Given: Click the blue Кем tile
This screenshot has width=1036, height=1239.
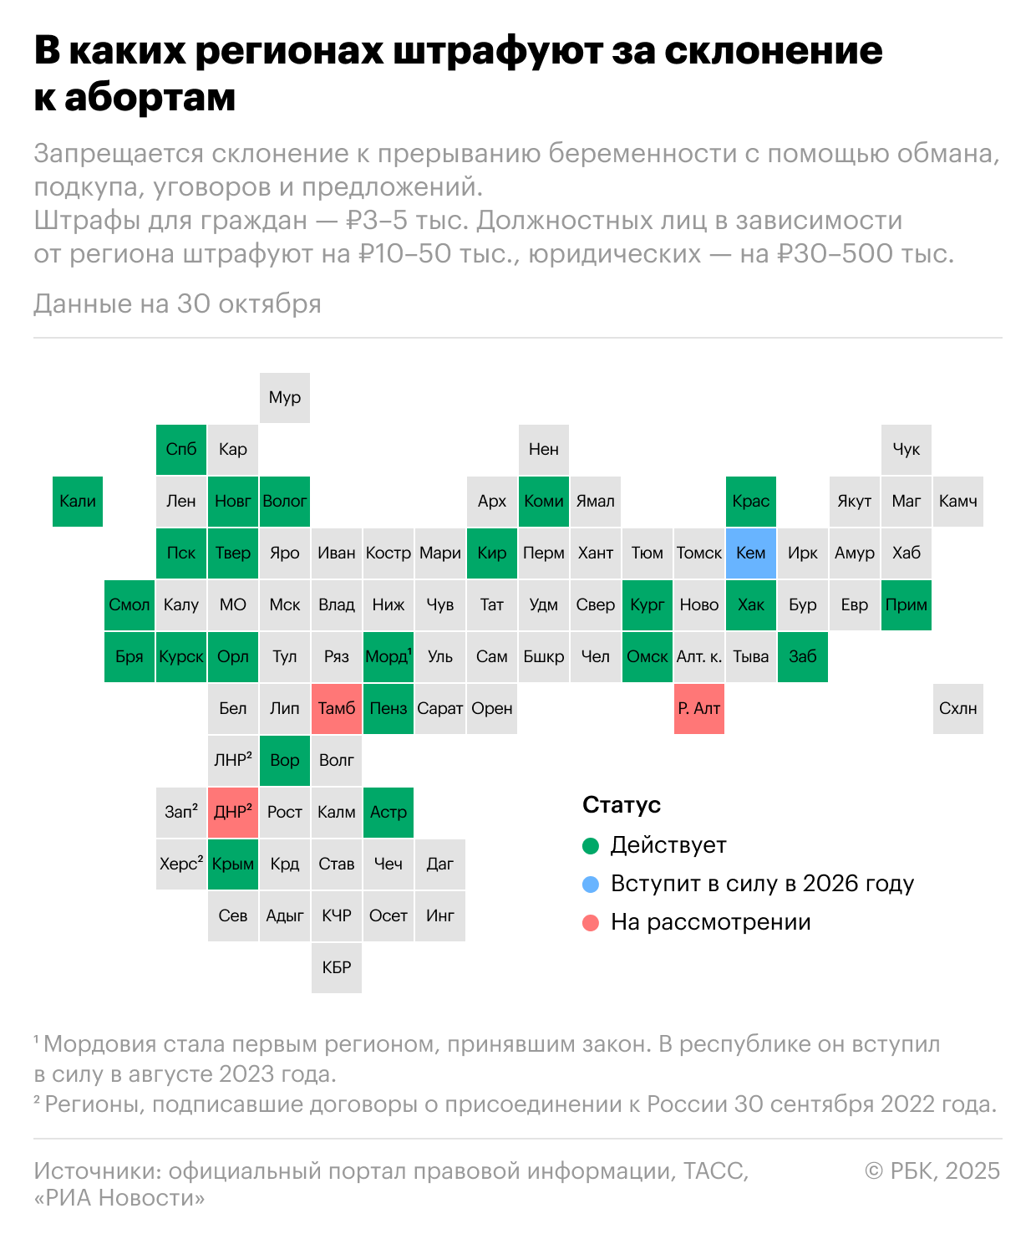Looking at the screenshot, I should pos(750,553).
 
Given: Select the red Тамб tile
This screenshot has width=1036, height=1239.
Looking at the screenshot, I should pos(337,708).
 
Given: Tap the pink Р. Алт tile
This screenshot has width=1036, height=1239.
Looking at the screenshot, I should pos(698,708).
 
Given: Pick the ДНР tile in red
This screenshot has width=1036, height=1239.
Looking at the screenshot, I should pos(233,812).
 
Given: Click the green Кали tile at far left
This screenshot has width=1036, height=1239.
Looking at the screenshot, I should pos(78,501).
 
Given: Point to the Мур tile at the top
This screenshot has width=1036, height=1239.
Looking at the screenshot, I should pos(285,397).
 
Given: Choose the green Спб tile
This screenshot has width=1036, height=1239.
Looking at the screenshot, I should pos(181,449).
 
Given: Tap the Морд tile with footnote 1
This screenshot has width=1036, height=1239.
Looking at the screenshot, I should pos(388,656).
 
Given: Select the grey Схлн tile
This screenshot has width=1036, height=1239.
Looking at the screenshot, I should pos(957,708).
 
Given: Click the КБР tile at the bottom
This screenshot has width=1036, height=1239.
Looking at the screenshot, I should pos(337,967).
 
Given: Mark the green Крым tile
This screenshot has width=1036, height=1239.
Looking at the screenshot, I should pos(233,864).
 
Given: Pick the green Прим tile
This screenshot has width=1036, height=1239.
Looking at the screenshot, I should pos(906,604).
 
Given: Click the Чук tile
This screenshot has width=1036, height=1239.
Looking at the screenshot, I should pos(906,449).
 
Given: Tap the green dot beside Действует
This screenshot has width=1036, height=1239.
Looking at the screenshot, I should pos(591,846).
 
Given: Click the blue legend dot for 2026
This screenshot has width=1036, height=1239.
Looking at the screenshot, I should pos(591,885).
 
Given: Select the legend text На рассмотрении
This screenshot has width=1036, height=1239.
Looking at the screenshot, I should pos(710,922).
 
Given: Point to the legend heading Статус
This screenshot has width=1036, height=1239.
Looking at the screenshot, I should pos(622,805).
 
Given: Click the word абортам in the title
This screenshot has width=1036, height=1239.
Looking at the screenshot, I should pos(150,98).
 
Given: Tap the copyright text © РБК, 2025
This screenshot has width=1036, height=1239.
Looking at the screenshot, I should pos(932,1170).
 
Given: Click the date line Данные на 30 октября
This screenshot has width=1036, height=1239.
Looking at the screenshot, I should pos(177,303).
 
